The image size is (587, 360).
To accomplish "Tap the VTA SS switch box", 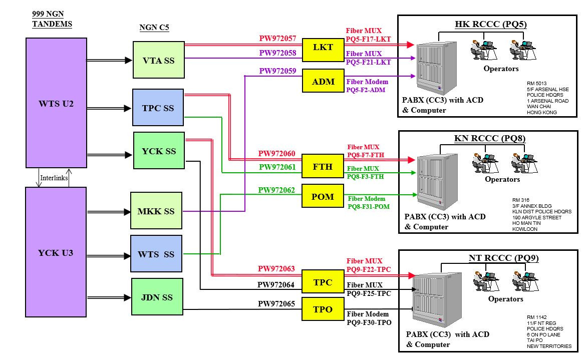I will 158,60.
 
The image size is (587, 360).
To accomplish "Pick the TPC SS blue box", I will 158,107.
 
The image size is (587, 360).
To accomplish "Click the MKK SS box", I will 156,211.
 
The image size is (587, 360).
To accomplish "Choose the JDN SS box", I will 157,297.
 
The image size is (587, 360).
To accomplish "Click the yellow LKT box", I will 323,48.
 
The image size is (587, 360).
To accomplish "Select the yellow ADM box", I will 323,81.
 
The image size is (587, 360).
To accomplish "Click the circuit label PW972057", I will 277,38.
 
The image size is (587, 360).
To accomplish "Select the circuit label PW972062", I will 276,190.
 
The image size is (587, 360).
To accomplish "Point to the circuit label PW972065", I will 276,303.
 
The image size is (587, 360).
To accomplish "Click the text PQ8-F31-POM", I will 368,206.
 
